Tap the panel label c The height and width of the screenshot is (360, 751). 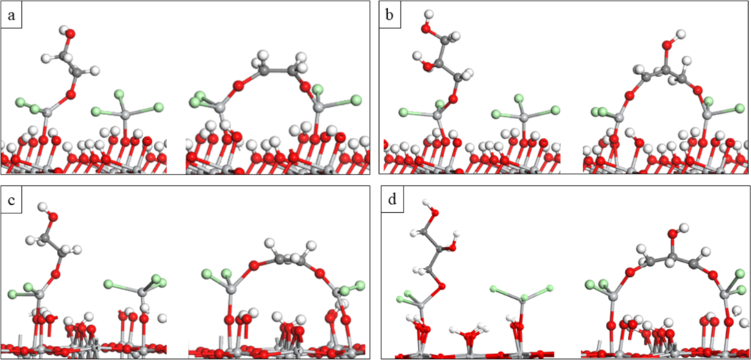click(12, 198)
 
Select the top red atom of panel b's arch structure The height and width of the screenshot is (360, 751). click(667, 45)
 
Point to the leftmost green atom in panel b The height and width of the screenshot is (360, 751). click(403, 112)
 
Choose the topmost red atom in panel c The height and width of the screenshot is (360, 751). click(53, 216)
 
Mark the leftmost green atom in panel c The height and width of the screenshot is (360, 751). click(13, 295)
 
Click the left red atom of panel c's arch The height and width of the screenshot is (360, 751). click(254, 265)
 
